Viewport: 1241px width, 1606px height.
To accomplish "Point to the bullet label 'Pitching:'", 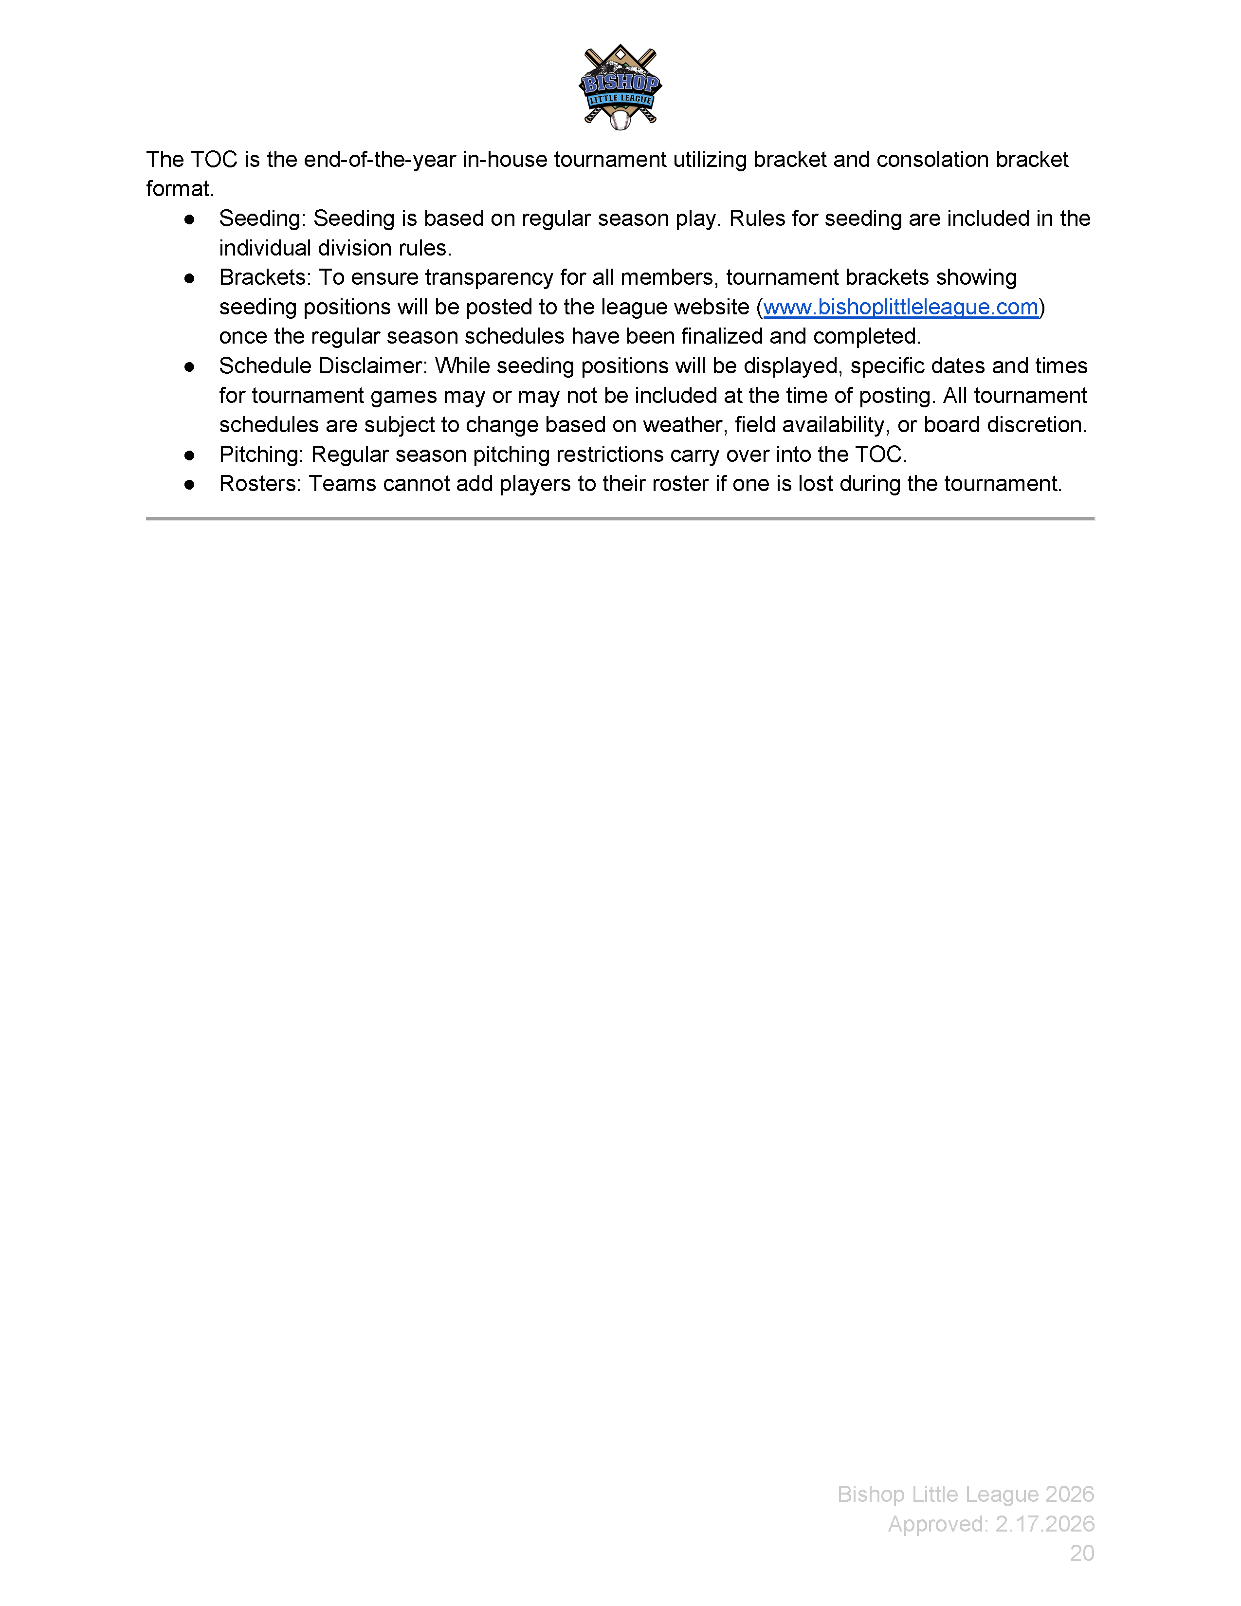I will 261,455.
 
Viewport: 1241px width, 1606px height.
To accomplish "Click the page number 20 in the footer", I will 1081,1552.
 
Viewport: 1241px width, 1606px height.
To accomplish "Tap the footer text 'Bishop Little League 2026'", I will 966,1494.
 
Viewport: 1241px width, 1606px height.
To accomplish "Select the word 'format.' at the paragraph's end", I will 180,189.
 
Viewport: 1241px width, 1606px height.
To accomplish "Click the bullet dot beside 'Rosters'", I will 190,485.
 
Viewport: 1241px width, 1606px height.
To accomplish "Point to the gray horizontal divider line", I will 620,518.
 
